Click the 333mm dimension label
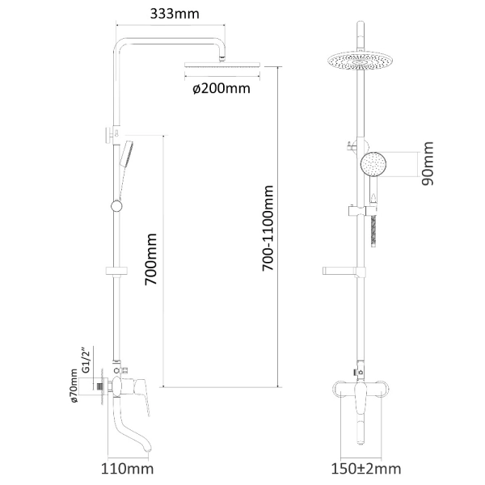tap(175, 14)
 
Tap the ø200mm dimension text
tap(221, 88)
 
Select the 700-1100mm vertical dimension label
tap(268, 228)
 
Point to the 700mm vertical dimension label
tap(151, 259)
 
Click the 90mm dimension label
tap(428, 163)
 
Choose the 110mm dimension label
tap(128, 469)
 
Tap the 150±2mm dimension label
tap(366, 469)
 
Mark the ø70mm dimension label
tap(74, 386)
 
